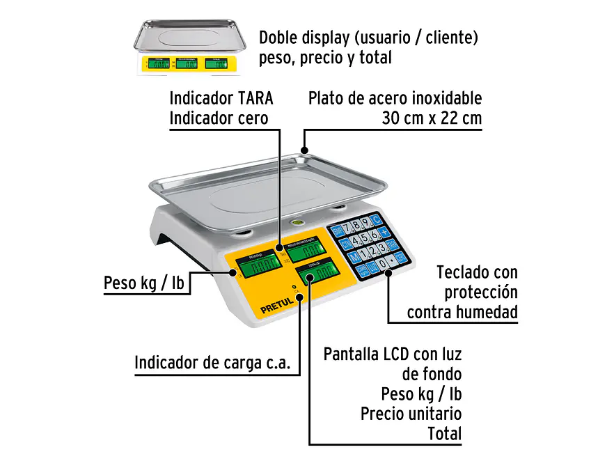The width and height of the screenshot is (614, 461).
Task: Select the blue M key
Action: (354, 256)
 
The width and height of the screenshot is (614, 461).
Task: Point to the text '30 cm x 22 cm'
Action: (432, 118)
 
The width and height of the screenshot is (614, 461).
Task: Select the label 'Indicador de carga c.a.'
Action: (212, 363)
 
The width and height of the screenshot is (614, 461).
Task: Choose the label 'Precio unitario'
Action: (411, 414)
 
